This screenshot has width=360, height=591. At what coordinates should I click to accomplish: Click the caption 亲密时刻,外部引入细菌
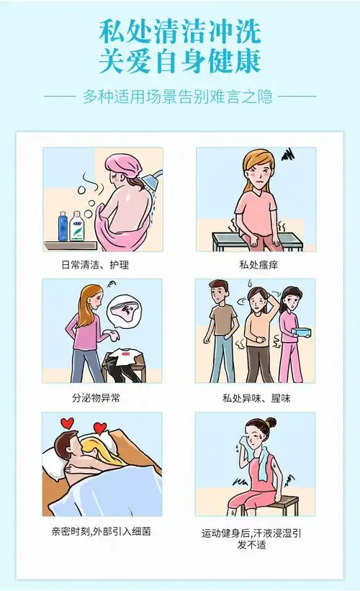(101, 531)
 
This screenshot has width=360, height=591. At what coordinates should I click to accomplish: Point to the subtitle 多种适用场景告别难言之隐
(179, 95)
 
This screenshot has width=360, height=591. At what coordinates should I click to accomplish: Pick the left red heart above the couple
(68, 423)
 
